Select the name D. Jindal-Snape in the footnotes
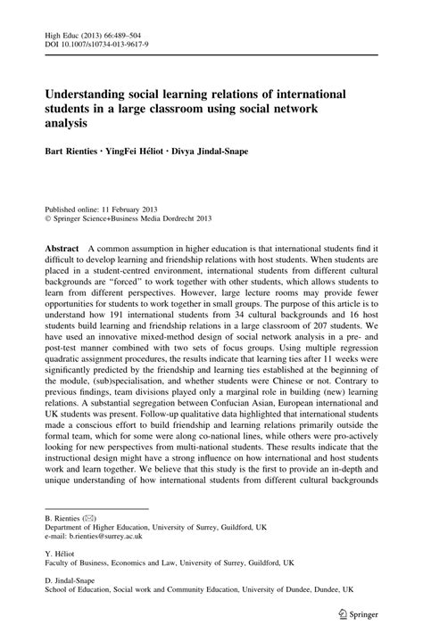(74, 596)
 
